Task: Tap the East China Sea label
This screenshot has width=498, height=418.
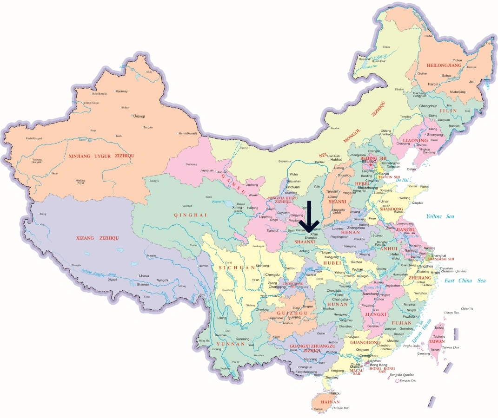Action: pyautogui.click(x=465, y=281)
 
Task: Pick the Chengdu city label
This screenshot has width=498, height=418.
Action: pyautogui.click(x=272, y=274)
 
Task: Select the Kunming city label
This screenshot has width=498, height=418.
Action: pyautogui.click(x=242, y=339)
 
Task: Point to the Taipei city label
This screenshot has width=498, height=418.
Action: pyautogui.click(x=439, y=328)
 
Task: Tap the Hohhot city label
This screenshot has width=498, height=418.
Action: pyautogui.click(x=336, y=159)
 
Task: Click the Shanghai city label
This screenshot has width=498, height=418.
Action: pyautogui.click(x=439, y=255)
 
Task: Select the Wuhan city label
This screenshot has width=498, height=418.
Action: pyautogui.click(x=358, y=269)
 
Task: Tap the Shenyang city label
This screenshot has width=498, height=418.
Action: pyautogui.click(x=438, y=135)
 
